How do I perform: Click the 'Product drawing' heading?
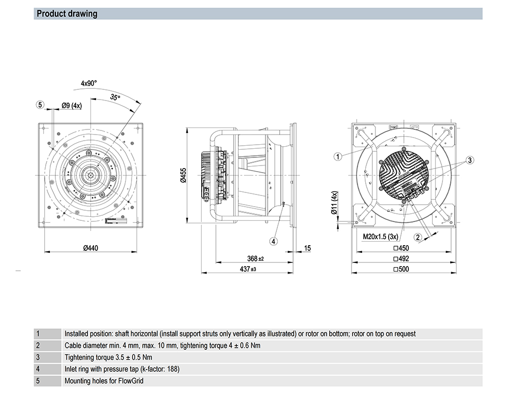[67, 14]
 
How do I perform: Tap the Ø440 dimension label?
[90, 248]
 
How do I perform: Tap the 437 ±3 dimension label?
[248, 269]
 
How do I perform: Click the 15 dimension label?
[307, 248]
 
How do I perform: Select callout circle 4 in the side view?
[273, 241]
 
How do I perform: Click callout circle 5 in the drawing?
[40, 105]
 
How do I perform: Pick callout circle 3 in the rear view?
[470, 160]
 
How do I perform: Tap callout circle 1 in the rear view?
[338, 156]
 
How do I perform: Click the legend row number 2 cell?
[38, 345]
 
